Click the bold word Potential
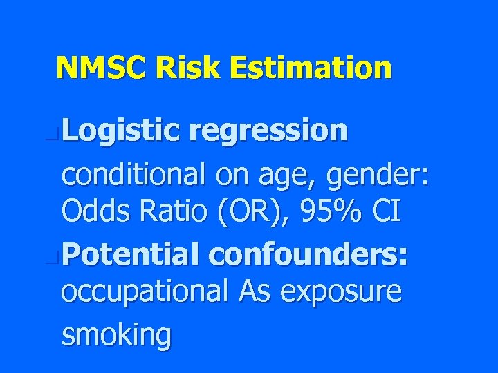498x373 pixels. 132,255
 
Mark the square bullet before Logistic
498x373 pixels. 57,131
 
